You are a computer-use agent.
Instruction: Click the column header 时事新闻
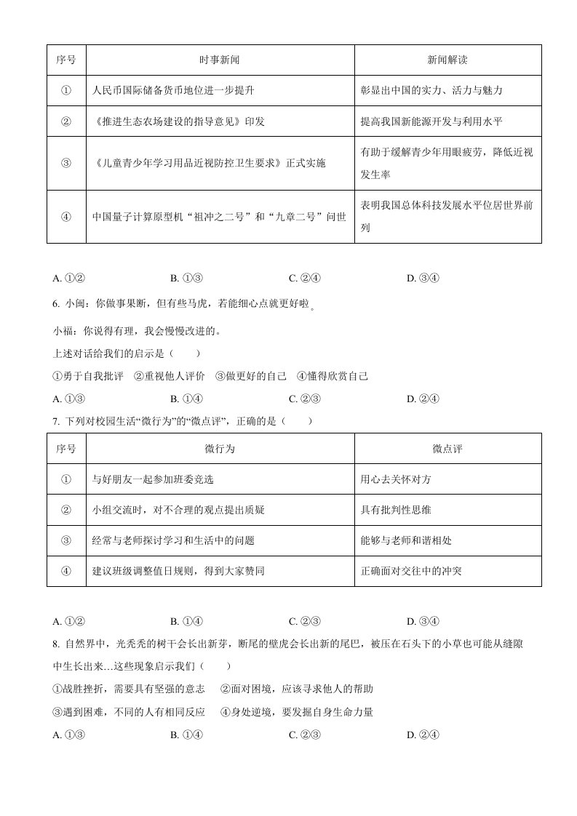coord(220,60)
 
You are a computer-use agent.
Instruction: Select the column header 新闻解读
coord(447,60)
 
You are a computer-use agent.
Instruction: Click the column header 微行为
coord(220,449)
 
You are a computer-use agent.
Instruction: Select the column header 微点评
coord(447,449)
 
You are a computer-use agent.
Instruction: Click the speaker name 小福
coord(64,331)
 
